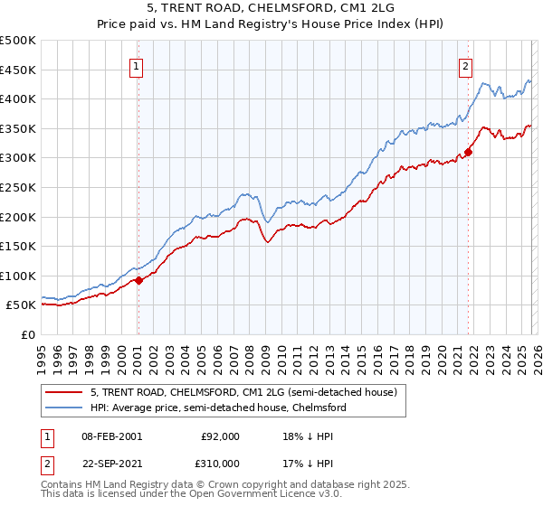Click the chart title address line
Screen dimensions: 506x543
click(271, 8)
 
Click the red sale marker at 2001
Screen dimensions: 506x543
click(138, 281)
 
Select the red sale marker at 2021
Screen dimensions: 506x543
click(468, 152)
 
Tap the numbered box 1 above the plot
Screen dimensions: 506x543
click(136, 66)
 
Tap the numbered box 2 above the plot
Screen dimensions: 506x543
click(465, 66)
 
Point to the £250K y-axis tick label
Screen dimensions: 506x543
click(18, 187)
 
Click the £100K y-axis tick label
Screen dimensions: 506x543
click(18, 276)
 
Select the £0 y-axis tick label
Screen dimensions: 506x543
click(27, 335)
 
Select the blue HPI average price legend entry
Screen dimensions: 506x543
click(218, 408)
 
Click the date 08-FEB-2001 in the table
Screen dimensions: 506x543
click(111, 436)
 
